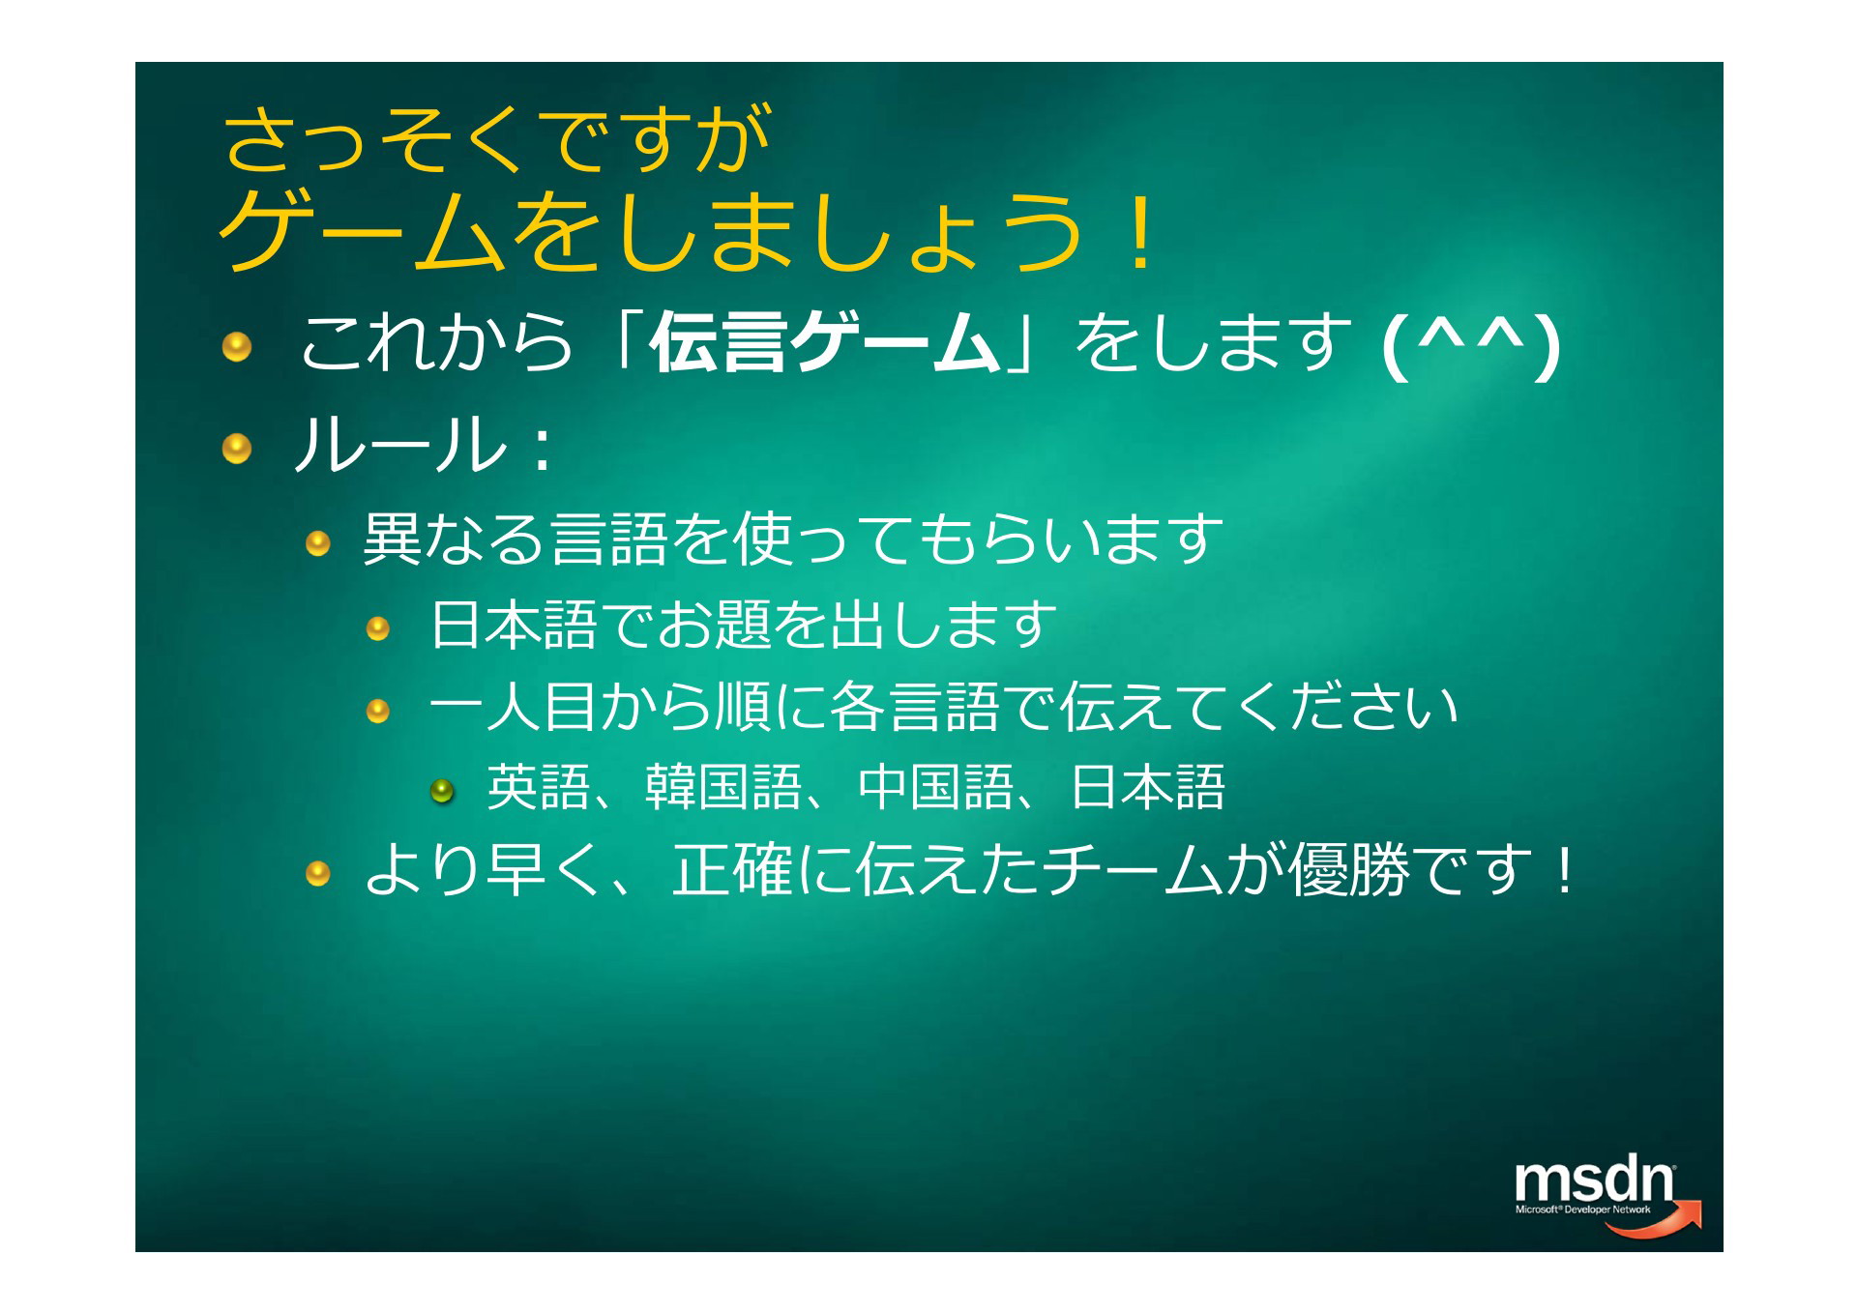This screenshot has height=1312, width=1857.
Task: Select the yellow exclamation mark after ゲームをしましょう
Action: tap(1141, 233)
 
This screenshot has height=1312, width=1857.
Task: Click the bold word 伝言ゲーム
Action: tap(825, 342)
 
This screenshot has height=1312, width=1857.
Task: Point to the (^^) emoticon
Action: tap(1471, 345)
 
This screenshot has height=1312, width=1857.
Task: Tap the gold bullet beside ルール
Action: tap(237, 449)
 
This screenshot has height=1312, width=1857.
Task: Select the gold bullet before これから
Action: tap(237, 346)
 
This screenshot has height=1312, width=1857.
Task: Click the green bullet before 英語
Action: tap(442, 791)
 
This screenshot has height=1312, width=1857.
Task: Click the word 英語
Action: tap(538, 787)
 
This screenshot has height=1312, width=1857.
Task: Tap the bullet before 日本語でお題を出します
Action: tap(377, 629)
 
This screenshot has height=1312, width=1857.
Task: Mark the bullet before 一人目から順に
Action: tap(377, 713)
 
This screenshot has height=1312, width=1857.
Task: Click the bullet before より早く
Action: tap(318, 875)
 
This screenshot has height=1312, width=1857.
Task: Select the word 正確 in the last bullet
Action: tap(733, 870)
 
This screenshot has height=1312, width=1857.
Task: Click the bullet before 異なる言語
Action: tap(318, 544)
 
